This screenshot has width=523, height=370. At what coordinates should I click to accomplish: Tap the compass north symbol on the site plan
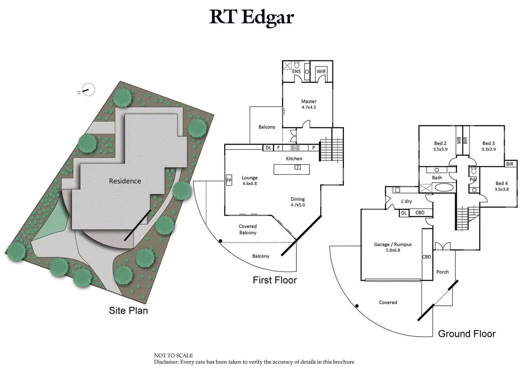pyautogui.click(x=88, y=90)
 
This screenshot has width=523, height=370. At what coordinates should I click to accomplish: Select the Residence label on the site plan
pyautogui.click(x=125, y=181)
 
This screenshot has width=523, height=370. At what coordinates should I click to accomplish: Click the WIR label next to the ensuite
pyautogui.click(x=321, y=71)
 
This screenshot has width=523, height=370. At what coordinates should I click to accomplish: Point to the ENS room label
pyautogui.click(x=296, y=71)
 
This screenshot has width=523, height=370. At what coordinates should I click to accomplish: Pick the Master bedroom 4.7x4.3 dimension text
pyautogui.click(x=309, y=107)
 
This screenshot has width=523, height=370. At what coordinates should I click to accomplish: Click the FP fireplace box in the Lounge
pyautogui.click(x=229, y=180)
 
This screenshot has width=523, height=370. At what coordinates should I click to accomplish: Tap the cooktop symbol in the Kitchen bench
pyautogui.click(x=295, y=148)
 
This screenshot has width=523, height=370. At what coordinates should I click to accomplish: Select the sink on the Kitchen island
pyautogui.click(x=298, y=167)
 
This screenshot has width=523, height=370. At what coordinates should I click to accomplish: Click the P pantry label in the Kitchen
pyautogui.click(x=314, y=148)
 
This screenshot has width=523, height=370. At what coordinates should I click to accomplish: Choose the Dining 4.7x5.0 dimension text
pyautogui.click(x=298, y=205)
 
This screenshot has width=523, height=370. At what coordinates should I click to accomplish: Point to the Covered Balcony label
pyautogui.click(x=248, y=229)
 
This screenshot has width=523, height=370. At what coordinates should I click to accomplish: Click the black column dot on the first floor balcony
pyautogui.click(x=220, y=241)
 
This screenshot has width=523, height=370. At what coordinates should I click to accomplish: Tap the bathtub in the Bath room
pyautogui.click(x=444, y=187)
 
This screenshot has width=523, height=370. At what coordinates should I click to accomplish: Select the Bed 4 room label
pyautogui.click(x=502, y=183)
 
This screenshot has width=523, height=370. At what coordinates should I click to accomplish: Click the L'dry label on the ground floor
pyautogui.click(x=406, y=201)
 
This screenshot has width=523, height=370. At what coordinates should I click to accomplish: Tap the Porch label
pyautogui.click(x=442, y=272)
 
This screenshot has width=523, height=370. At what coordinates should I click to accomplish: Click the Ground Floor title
pyautogui.click(x=467, y=333)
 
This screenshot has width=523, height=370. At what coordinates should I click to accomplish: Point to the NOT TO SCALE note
pyautogui.click(x=173, y=355)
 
